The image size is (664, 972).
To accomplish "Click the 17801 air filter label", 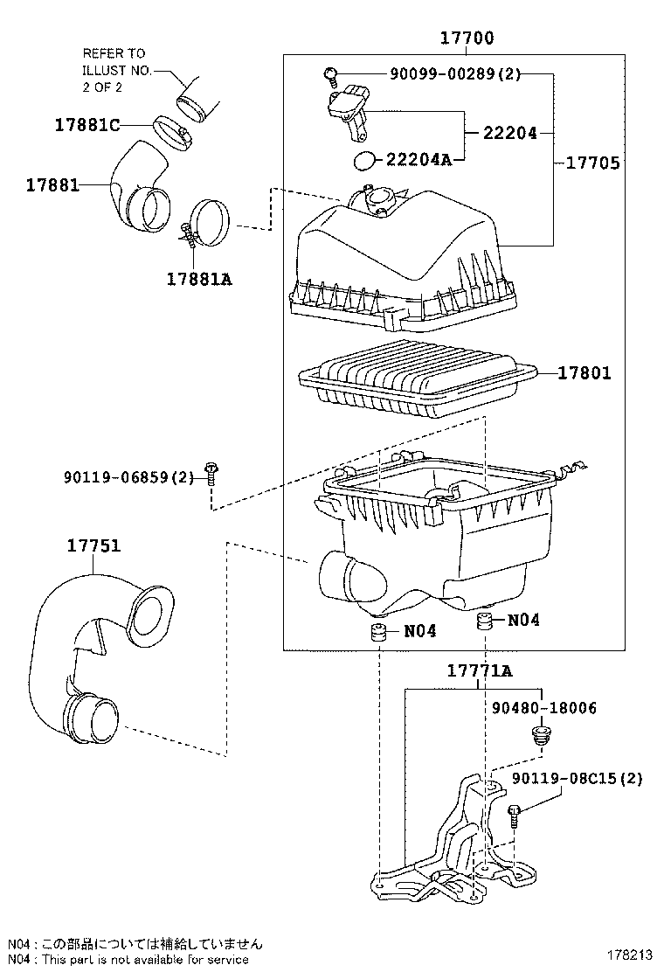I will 584,373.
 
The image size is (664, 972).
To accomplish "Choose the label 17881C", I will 86,124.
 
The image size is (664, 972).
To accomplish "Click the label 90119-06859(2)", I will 128,476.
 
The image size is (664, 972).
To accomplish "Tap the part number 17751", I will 93,545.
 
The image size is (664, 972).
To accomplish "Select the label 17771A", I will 479,671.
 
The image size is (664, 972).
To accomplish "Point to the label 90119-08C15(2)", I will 578,778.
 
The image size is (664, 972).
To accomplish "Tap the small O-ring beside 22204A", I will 365,160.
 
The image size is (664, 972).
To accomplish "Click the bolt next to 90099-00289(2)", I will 331,74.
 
